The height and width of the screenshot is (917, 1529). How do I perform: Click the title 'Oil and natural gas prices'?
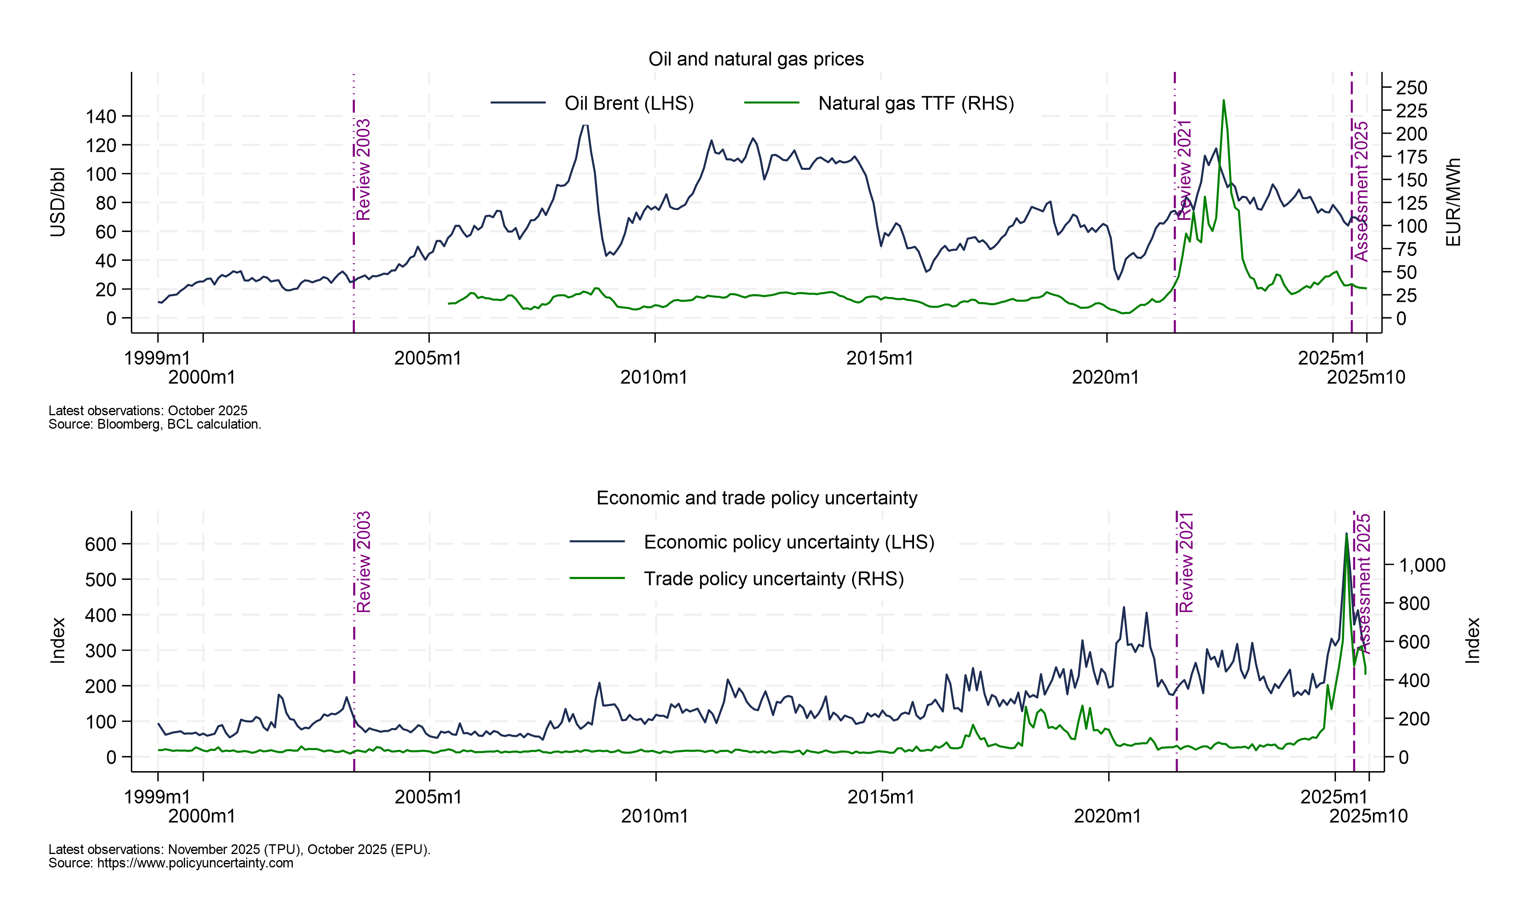coord(755,59)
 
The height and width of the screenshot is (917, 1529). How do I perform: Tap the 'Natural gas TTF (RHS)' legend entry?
coord(916,103)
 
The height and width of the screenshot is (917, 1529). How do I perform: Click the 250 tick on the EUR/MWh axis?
coord(1412,88)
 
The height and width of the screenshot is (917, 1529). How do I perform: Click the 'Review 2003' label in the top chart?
coord(363,169)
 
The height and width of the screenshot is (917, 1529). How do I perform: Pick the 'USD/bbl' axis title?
coord(57,202)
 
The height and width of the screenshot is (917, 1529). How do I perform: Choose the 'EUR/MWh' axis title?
coord(1453,202)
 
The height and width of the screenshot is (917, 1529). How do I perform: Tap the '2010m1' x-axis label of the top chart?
coord(654,377)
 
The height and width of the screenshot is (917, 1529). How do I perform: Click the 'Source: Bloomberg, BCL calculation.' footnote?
coord(154,425)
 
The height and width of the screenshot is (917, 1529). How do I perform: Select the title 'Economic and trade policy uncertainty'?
coord(756,498)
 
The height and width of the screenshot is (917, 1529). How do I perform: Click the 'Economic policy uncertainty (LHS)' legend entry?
coord(788,542)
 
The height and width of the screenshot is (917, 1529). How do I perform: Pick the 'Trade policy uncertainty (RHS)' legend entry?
coord(774,579)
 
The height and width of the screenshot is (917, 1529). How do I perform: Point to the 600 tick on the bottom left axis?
coord(101,544)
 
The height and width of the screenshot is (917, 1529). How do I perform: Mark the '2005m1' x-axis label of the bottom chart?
coord(428,797)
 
